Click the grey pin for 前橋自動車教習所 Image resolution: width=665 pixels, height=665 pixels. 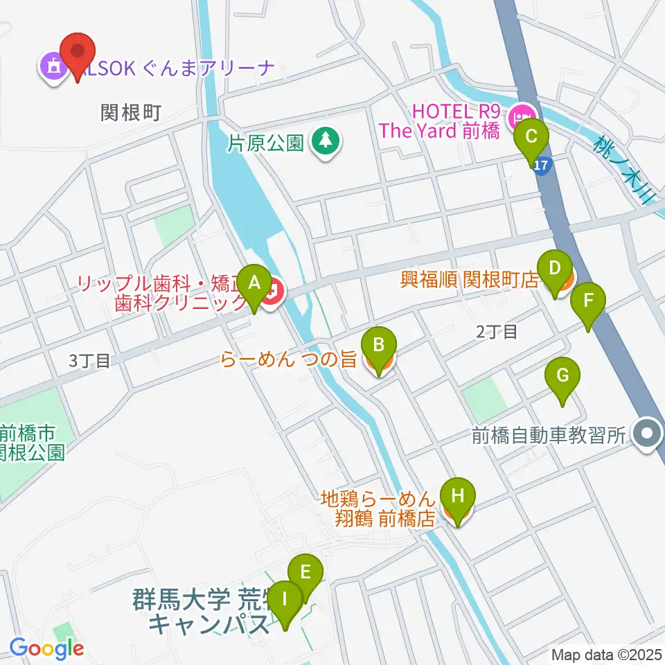click(x=648, y=435)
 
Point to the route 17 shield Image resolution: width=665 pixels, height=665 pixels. click(x=542, y=167)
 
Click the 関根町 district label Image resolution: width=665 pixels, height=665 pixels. click(x=131, y=113)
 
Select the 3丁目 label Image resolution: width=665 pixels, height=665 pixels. click(x=90, y=360)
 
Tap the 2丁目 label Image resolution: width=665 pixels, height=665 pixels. click(x=497, y=332)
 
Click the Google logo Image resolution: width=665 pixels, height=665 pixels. click(x=46, y=648)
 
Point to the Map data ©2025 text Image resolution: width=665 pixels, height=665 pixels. click(x=607, y=654)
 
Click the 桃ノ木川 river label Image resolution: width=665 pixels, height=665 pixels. click(x=624, y=170)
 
